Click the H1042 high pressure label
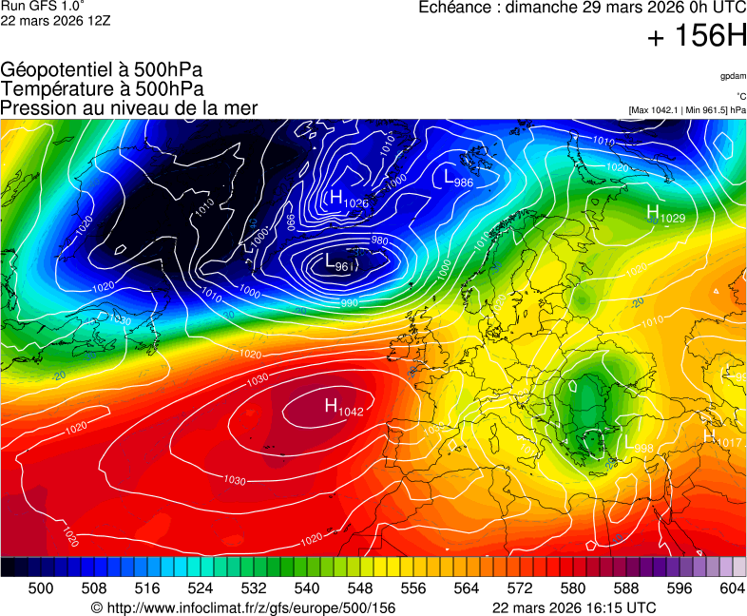pos(344,407)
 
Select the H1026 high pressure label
pos(348,199)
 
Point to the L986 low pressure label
pos(458,177)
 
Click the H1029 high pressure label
pos(665,213)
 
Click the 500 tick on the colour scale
pos(41,588)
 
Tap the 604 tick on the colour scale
pos(732,588)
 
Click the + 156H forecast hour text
pos(696,37)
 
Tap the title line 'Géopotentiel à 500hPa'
pos(102,70)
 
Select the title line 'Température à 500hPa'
pos(102,88)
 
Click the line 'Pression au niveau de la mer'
pos(129,107)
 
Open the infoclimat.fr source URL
pos(242,607)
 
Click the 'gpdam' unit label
pos(733,76)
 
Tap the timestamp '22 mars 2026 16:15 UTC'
pos(573,607)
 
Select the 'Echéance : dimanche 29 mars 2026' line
pos(583,8)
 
